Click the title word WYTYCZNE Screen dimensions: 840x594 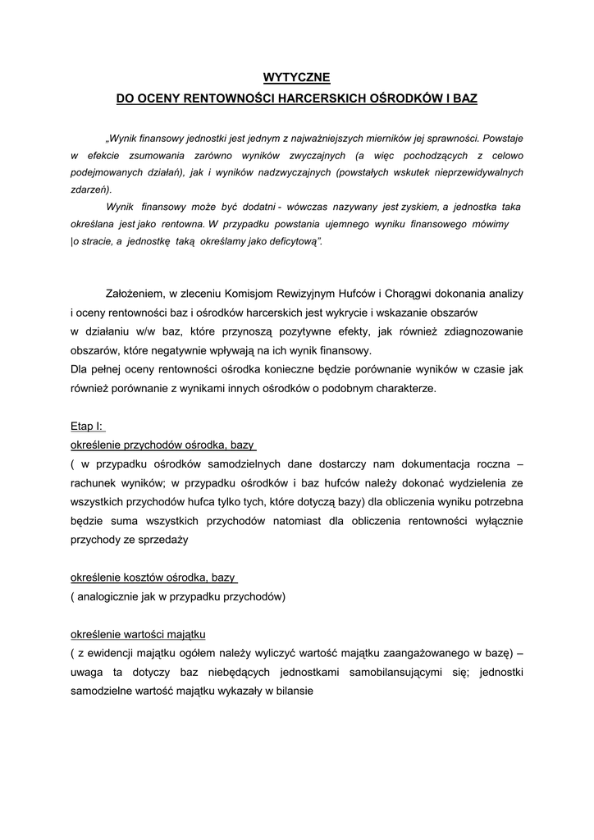point(296,77)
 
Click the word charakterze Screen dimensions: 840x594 point(401,388)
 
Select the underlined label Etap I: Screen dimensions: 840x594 point(87,427)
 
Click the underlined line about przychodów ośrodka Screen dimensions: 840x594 point(162,445)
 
